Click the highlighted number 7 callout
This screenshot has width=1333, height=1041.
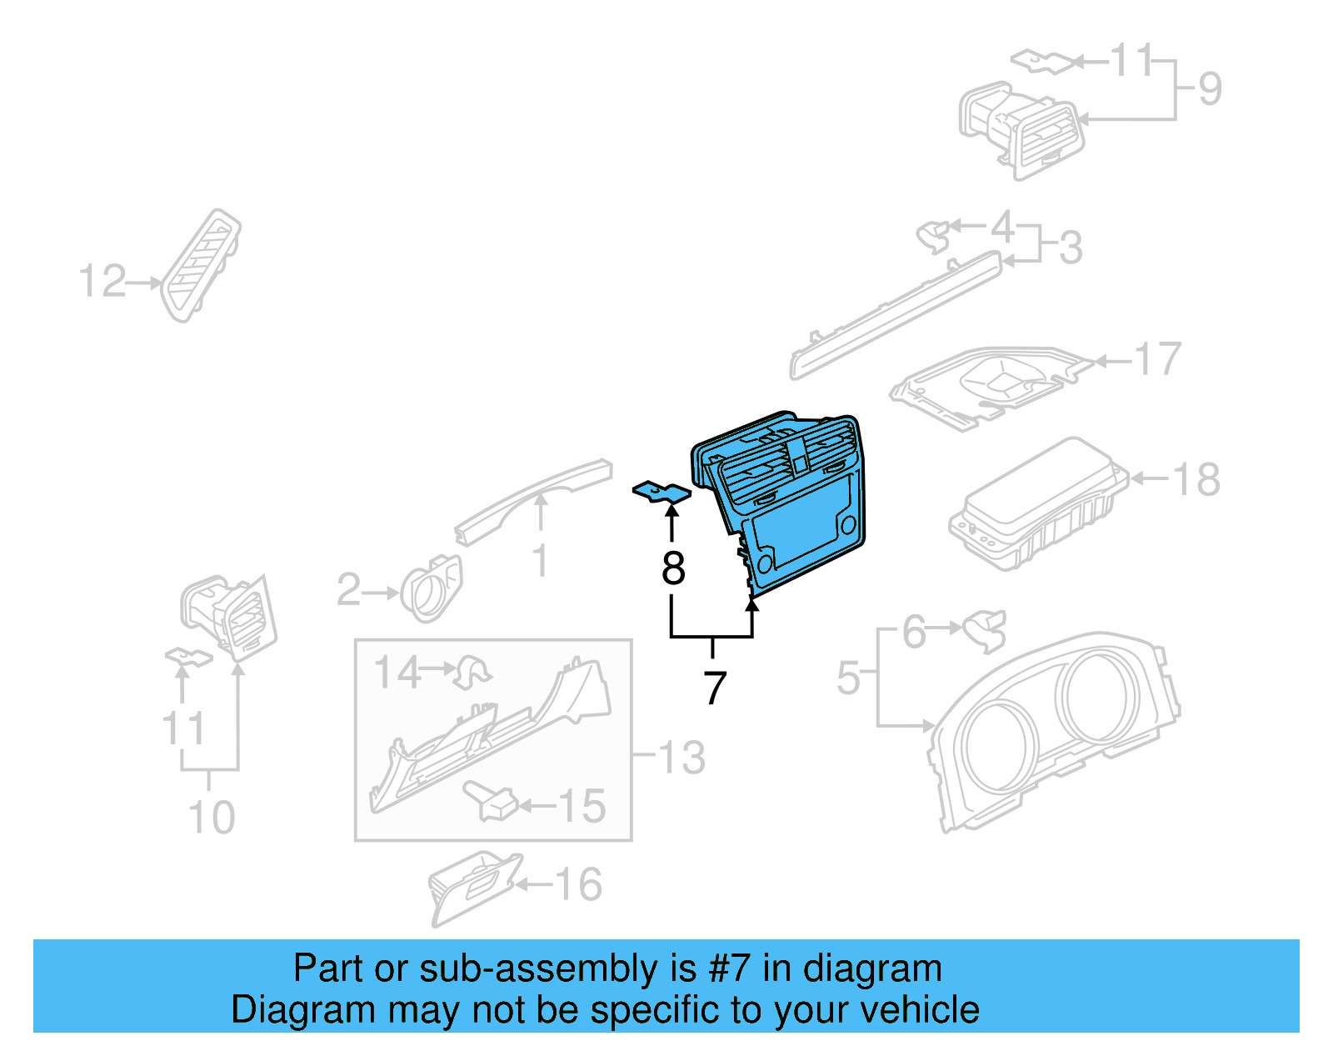(x=715, y=689)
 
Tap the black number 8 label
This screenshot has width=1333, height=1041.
(x=673, y=569)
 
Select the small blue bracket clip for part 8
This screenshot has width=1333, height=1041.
(x=662, y=493)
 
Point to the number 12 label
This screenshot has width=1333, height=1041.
(x=102, y=282)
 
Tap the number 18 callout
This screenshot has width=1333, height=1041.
(x=1196, y=479)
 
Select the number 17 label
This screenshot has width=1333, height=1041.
(x=1158, y=359)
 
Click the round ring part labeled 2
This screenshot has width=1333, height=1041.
(x=431, y=588)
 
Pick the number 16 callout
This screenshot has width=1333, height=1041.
(x=578, y=885)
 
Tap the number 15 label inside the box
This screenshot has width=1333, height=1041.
(x=582, y=807)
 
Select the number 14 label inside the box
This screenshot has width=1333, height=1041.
(x=397, y=673)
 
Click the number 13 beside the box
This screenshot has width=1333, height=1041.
(x=681, y=758)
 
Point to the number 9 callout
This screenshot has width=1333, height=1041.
(x=1210, y=88)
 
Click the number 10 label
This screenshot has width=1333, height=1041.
(x=212, y=818)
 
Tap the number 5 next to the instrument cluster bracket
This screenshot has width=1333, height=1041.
(x=848, y=678)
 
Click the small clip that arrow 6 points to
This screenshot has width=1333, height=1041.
(x=986, y=630)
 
